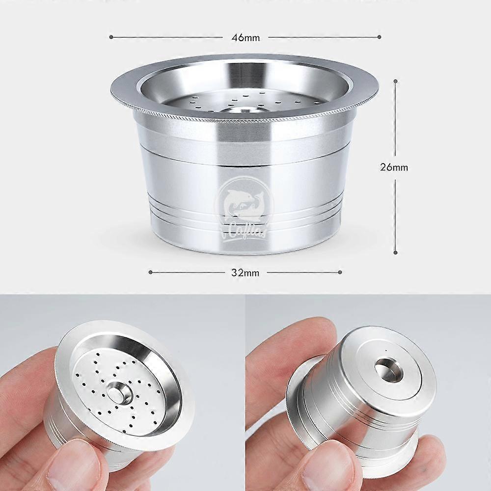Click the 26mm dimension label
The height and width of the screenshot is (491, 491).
[x=394, y=167]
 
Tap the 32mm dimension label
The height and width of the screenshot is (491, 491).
[x=245, y=273]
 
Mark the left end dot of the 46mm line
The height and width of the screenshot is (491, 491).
[x=111, y=37]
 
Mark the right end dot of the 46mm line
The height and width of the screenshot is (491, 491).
[x=380, y=37]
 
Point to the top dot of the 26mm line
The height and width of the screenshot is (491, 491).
[x=395, y=81]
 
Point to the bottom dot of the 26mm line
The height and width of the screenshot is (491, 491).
[x=395, y=252]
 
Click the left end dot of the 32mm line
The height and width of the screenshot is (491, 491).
[x=150, y=272]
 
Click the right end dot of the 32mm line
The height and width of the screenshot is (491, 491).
[x=340, y=272]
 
